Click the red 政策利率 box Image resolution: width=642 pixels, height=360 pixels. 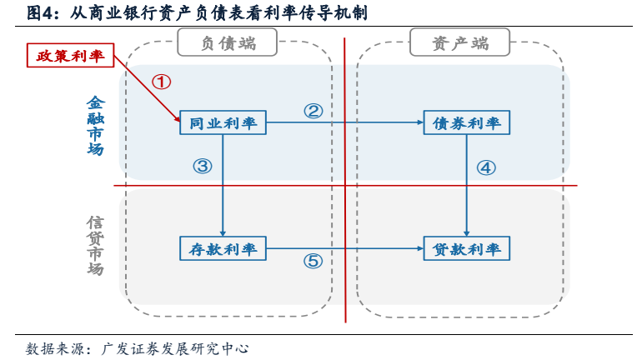(70, 57)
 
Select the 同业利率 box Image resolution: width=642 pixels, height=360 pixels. (223, 123)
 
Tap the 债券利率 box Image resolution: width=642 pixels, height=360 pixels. (466, 123)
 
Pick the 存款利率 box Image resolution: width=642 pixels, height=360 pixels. (223, 248)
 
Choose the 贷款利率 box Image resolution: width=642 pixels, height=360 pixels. (466, 248)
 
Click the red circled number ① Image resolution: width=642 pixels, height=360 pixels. (162, 82)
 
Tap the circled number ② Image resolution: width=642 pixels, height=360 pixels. (313, 111)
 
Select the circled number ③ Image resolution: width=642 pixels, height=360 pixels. (203, 166)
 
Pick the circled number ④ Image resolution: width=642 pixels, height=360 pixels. (486, 167)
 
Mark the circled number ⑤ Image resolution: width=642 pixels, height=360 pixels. (313, 262)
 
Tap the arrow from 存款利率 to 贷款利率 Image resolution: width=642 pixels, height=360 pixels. (342, 248)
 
